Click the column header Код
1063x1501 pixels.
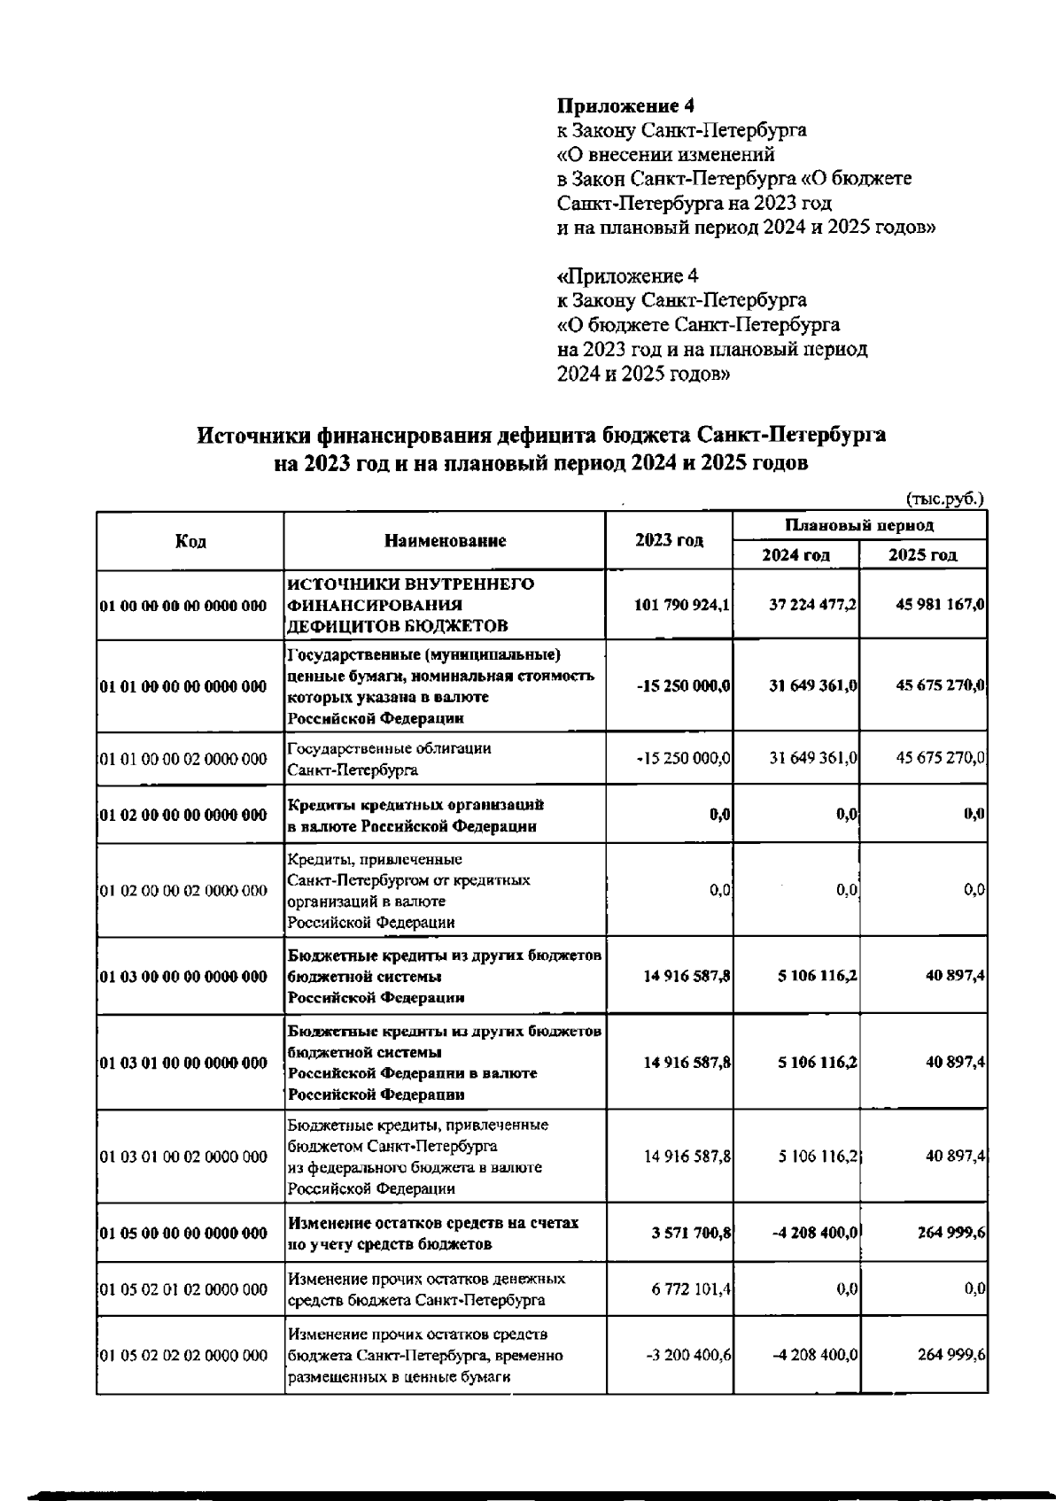(190, 541)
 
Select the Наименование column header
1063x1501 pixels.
(445, 541)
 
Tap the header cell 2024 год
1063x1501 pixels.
(795, 555)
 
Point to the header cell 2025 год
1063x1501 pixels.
(923, 555)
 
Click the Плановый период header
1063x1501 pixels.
(859, 525)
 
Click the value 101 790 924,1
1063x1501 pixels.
(682, 606)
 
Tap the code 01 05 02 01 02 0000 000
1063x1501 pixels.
(183, 1290)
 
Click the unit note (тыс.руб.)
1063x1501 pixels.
(943, 499)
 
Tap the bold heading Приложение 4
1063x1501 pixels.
(625, 106)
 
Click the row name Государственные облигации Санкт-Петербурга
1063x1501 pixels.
(389, 759)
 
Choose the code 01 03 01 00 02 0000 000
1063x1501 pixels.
(183, 1157)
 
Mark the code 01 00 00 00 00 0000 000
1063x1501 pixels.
(183, 607)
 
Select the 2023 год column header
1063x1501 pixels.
(669, 541)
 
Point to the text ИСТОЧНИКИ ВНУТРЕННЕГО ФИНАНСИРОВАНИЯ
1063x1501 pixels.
(410, 595)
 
